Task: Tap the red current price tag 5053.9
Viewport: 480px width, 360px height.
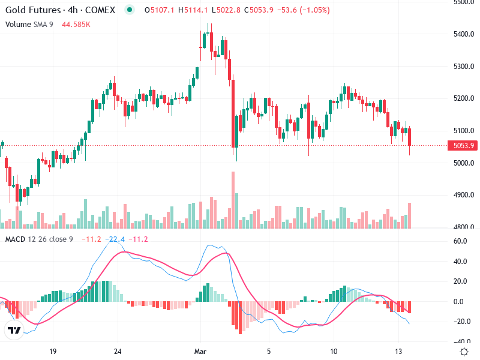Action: pos(464,145)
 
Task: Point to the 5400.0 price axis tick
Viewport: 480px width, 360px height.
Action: pos(464,34)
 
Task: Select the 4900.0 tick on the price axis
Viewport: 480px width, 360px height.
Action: pos(464,195)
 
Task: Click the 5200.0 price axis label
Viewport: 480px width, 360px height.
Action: pos(464,98)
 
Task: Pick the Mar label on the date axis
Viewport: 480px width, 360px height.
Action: pos(200,351)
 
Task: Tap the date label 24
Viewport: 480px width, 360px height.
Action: pos(118,351)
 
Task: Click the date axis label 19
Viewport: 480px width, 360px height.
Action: pos(53,351)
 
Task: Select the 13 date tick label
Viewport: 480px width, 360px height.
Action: pos(398,351)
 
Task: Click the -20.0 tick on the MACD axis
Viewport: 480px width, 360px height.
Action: pos(461,322)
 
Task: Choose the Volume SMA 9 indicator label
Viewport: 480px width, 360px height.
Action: pos(29,24)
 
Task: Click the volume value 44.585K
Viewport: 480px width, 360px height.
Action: pos(76,24)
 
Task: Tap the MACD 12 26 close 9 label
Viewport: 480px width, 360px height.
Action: pos(39,239)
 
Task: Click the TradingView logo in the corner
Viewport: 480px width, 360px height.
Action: pos(14,330)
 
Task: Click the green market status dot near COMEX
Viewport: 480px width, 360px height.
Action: pos(130,10)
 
